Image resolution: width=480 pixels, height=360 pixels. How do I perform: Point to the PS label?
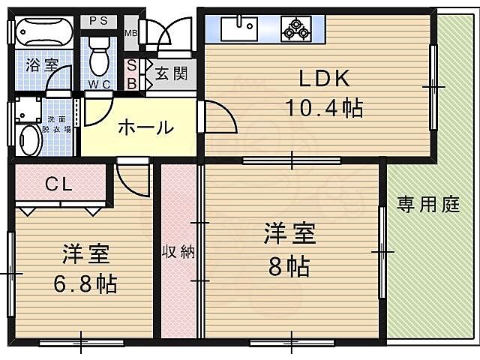pos(99,21)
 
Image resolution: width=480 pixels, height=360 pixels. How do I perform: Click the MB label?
pos(130,33)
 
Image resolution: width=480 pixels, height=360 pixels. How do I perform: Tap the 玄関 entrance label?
pos(171,73)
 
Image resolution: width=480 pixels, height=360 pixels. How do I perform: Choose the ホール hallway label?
pos(145,127)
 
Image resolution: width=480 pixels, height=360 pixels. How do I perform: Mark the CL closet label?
pos(58,183)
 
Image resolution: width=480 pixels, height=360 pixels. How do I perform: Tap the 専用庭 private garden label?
pos(427,205)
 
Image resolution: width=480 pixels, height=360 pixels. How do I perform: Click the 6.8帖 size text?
pos(85,284)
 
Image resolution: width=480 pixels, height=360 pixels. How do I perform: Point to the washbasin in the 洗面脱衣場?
pos(30,139)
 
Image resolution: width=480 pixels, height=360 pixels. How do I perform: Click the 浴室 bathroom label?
pos(41,65)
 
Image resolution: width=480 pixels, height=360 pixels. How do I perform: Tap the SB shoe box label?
pos(131,74)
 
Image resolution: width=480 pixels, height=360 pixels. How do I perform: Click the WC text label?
pos(99,84)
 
